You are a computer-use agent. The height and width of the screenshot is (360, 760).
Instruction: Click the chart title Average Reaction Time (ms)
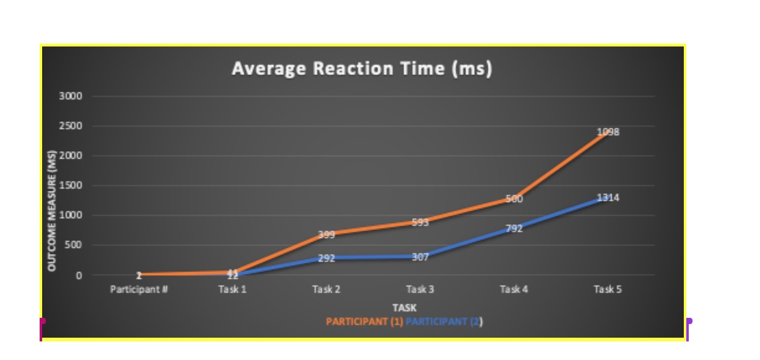(x=362, y=68)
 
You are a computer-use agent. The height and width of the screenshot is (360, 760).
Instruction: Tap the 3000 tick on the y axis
(x=71, y=97)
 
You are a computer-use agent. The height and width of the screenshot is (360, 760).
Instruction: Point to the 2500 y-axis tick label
(x=71, y=126)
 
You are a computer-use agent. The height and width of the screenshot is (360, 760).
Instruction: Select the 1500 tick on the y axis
(x=71, y=186)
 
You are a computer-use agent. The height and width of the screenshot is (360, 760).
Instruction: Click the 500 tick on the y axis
(x=74, y=245)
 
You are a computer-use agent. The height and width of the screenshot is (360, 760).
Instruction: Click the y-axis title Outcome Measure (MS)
(x=53, y=211)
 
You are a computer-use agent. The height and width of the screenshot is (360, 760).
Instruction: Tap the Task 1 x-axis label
(x=232, y=289)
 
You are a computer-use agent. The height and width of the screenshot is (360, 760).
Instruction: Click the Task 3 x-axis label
(x=420, y=289)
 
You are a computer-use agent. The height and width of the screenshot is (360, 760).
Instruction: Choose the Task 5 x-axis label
(x=607, y=289)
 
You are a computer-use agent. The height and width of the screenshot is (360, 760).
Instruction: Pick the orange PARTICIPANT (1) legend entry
(x=364, y=322)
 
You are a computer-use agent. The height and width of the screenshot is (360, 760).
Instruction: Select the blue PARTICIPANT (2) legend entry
(x=444, y=322)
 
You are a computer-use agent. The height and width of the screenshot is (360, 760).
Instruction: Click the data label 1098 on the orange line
(x=608, y=132)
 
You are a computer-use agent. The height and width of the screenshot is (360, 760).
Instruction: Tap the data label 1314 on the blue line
(x=608, y=198)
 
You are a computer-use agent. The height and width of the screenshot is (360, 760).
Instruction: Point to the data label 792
(x=514, y=229)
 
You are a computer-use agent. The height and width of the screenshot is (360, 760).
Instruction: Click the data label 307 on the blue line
(x=420, y=257)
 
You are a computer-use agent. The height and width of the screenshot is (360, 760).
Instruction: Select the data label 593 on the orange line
(x=420, y=223)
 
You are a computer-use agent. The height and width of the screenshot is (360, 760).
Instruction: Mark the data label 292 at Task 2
(x=326, y=258)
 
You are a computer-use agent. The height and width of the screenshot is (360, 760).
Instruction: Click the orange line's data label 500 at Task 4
(x=514, y=200)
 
